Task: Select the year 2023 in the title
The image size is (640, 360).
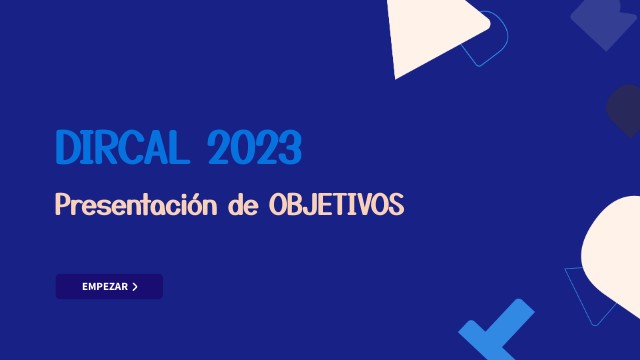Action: [x=254, y=149]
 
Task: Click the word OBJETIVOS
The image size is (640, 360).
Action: [x=336, y=206]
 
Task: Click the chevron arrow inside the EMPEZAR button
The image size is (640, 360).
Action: [x=135, y=287]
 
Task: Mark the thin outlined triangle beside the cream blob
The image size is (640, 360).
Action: [x=585, y=290]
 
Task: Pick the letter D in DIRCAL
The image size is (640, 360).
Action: [x=67, y=149]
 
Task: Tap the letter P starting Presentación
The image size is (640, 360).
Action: [x=63, y=206]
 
